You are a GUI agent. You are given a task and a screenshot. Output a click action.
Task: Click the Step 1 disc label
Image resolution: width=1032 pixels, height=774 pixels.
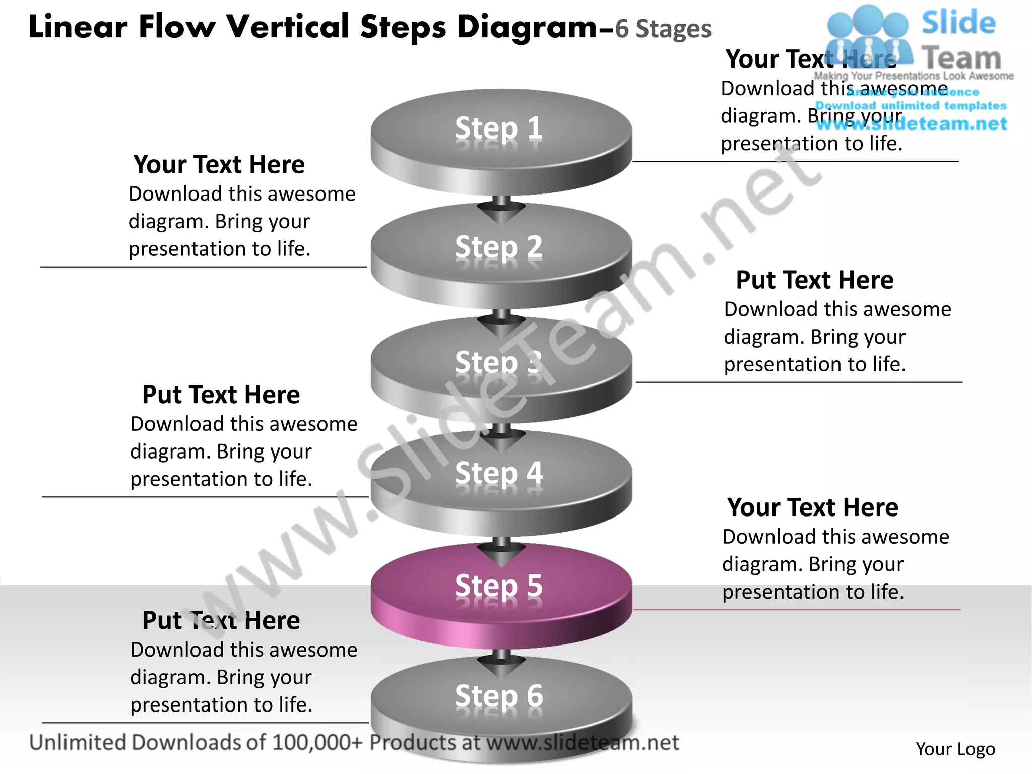tap(499, 128)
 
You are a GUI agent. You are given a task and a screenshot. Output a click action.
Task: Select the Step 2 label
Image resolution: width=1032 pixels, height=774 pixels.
tap(499, 247)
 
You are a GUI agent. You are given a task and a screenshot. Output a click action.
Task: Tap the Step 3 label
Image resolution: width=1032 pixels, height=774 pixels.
tap(499, 362)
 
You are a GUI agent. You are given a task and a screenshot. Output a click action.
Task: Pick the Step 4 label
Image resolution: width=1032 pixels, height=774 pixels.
tap(499, 473)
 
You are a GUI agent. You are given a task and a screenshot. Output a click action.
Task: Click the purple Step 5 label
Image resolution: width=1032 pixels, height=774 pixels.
tap(499, 586)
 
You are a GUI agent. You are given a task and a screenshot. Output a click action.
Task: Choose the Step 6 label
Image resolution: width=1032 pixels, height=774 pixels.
tap(499, 696)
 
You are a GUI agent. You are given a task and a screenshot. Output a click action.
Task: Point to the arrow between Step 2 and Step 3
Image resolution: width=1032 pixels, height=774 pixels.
tap(501, 324)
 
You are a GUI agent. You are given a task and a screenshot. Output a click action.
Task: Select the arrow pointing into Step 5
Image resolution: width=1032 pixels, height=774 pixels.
tap(501, 552)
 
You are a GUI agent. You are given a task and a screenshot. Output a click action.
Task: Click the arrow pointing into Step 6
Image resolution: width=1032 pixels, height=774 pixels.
tap(501, 664)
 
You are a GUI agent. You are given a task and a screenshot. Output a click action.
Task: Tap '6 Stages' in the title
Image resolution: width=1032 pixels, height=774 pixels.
tap(663, 29)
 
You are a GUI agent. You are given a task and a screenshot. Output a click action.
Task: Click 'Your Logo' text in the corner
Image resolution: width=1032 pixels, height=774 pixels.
tap(955, 749)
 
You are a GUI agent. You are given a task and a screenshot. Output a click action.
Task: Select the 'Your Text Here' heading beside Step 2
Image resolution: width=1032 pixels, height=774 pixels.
tap(219, 165)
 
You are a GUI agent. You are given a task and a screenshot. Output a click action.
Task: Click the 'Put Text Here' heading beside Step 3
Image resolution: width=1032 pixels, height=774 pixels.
tap(815, 280)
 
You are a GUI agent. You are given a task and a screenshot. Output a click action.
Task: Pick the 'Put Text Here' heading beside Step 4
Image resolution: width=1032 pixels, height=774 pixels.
tap(221, 395)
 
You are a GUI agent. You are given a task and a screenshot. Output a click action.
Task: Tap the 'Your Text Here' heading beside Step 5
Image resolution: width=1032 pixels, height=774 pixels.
tap(813, 507)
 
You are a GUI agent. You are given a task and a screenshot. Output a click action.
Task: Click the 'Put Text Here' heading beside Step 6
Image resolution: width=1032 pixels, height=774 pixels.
tap(221, 620)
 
